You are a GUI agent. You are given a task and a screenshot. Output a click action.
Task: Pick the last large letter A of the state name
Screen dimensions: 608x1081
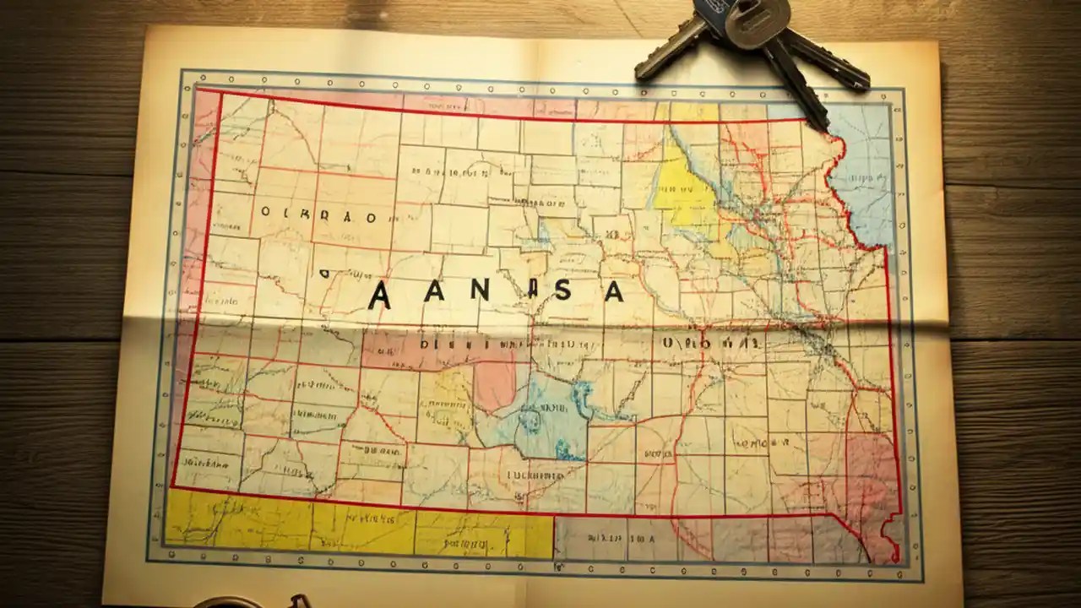coord(613,291)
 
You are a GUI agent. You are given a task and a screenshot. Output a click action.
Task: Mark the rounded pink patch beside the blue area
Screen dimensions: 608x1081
coord(495,380)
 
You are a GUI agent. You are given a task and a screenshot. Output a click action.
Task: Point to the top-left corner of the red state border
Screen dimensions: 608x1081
coord(198,89)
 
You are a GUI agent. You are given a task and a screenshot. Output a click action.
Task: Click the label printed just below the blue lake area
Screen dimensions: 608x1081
coord(534,475)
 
